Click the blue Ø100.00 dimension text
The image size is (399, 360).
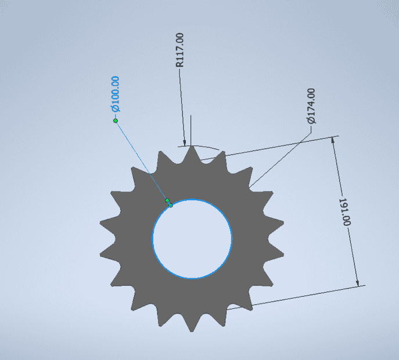coord(115,94)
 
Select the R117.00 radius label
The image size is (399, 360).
coord(179,50)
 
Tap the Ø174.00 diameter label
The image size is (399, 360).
coord(311,106)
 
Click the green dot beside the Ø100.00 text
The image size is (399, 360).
coord(116,121)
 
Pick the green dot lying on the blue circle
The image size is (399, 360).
coord(171,205)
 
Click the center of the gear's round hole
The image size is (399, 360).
coord(192,239)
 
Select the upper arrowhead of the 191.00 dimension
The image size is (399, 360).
coord(333,140)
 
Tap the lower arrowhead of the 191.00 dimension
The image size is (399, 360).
coord(357,283)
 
